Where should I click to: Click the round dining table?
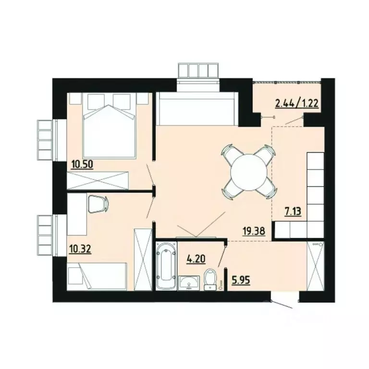[x=249, y=172]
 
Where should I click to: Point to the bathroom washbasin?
[x=188, y=283]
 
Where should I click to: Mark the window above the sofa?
[x=198, y=70]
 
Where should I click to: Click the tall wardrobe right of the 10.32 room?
[x=143, y=259]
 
